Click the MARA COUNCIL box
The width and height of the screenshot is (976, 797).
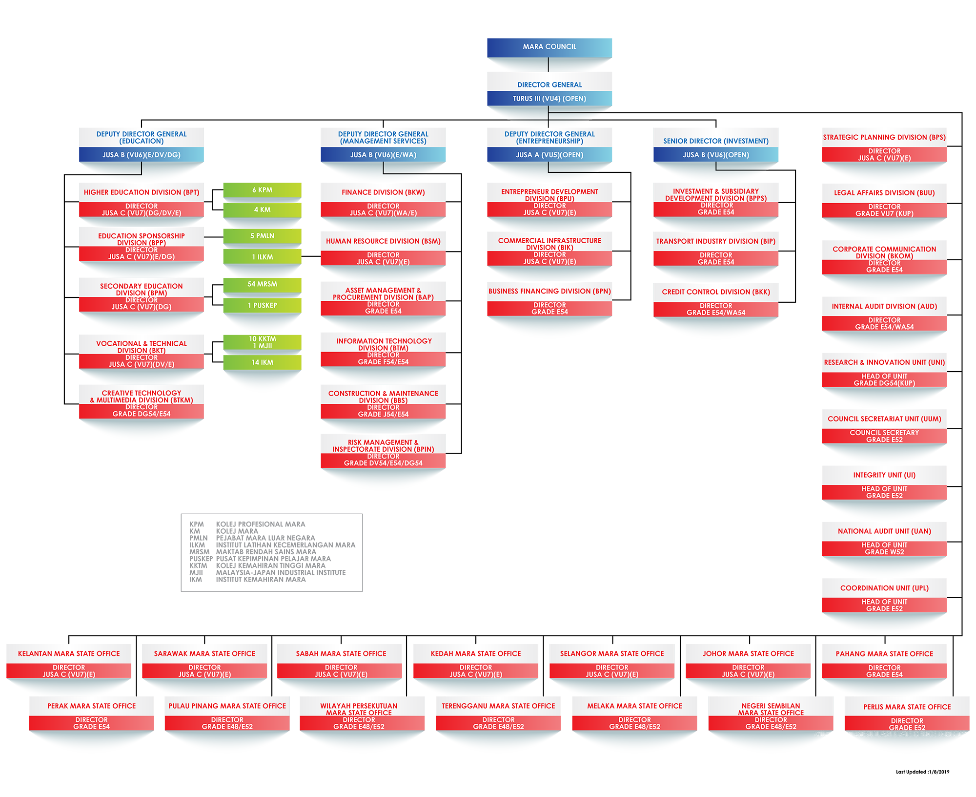(x=549, y=47)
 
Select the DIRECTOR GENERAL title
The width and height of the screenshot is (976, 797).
(x=549, y=84)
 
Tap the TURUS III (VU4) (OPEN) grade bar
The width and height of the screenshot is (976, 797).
(x=549, y=99)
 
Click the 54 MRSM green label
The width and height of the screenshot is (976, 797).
(x=263, y=284)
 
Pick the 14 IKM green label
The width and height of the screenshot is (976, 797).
(x=263, y=362)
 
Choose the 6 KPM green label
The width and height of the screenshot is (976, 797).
(x=263, y=190)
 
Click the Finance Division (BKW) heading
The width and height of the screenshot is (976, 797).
(x=383, y=192)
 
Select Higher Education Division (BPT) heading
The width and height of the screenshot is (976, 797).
(x=142, y=192)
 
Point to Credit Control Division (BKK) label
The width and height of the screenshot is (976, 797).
(x=716, y=292)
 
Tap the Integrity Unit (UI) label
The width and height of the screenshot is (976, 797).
(x=884, y=475)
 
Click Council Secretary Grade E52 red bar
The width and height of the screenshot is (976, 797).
(x=884, y=436)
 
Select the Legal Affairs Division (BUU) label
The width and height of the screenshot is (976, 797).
(x=884, y=193)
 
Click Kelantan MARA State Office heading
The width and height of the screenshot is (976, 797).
(x=69, y=654)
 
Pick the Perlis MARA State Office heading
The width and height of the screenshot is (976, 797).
(x=907, y=707)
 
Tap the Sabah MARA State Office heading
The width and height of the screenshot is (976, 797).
(x=341, y=654)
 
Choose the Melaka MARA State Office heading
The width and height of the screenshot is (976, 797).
(x=634, y=706)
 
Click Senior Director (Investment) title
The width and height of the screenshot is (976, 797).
(x=716, y=141)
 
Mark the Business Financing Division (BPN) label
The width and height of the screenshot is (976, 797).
(x=549, y=292)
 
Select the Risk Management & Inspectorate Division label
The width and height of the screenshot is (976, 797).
(x=383, y=446)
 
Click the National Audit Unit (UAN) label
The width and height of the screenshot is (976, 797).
(x=884, y=531)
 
